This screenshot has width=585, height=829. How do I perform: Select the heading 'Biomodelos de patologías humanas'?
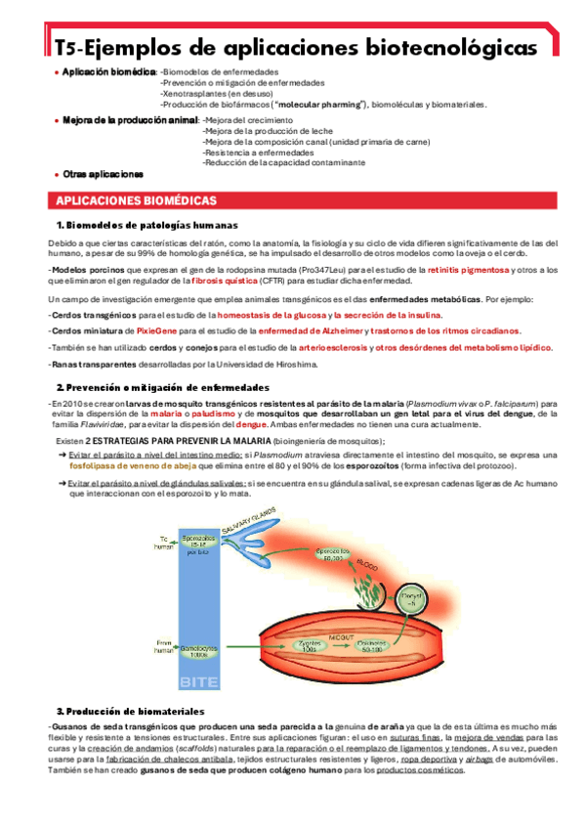[146, 226]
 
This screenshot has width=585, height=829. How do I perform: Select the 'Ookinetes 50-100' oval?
[373, 645]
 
